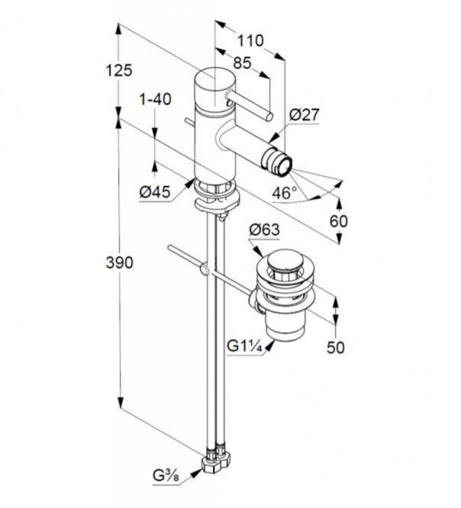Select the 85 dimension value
242,63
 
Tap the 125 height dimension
119,71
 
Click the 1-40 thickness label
155,99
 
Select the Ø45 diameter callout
154,191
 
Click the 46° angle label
284,192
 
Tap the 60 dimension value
339,221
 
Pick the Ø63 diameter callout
264,230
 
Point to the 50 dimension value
336,347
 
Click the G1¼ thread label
244,346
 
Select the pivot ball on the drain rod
203,269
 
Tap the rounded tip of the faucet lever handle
269,117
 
